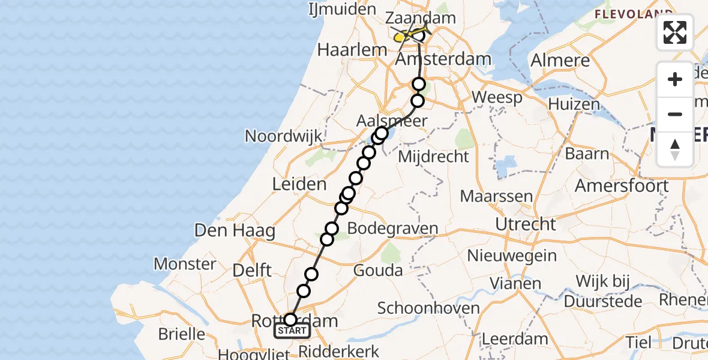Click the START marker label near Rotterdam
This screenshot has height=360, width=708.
pos(292,331)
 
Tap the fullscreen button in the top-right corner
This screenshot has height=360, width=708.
pos(675,32)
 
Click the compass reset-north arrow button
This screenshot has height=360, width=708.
pos(675,149)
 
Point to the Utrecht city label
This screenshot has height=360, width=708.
pos(526,224)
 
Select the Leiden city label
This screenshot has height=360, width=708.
pos(299,184)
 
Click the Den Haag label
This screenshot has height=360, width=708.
pos(235,230)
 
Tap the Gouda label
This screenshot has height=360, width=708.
pos(378,271)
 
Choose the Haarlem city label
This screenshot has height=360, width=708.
pos(350,50)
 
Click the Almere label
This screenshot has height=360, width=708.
pos(560,61)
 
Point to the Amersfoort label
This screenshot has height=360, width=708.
pos(621,185)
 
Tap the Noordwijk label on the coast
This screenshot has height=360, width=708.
pos(284,136)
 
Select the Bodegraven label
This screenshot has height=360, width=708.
pos(392,229)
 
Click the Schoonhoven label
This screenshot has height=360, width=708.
pos(428,308)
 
